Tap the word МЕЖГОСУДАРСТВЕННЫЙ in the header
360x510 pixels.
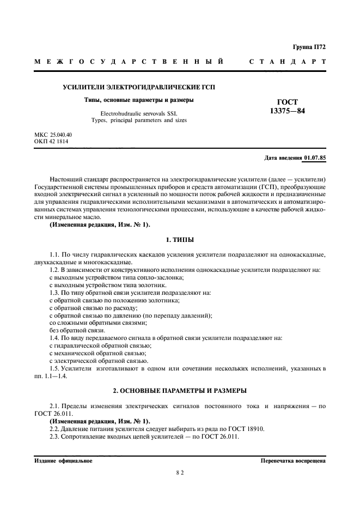tap(129, 62)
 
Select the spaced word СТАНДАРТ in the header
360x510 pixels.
tap(288, 62)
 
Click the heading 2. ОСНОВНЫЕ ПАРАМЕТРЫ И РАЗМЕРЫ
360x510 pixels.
tap(180, 391)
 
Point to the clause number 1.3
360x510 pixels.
tap(55, 293)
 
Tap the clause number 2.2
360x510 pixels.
tap(55, 429)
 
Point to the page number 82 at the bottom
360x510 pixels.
tap(180, 473)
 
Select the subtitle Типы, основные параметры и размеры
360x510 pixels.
tap(131, 100)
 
